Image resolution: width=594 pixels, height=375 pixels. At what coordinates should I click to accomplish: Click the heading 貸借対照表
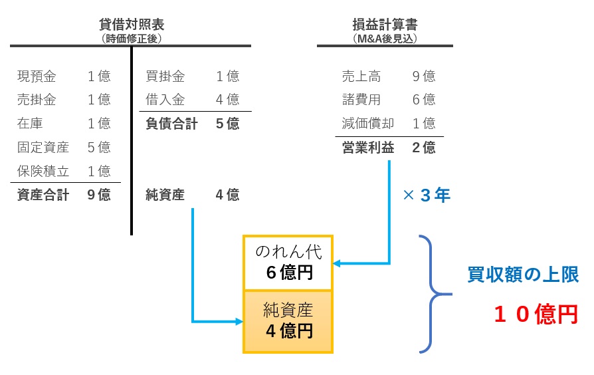[131, 25]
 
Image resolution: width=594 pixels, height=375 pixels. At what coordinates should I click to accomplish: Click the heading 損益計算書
[385, 25]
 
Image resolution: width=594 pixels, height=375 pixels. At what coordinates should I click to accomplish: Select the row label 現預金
[37, 76]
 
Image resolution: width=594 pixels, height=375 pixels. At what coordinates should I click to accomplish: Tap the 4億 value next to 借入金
[227, 100]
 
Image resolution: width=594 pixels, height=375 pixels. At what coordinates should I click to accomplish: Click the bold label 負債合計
[171, 124]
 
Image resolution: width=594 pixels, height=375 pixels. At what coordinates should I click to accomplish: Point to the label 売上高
[361, 76]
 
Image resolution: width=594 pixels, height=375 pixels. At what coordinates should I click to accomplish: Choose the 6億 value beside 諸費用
[424, 100]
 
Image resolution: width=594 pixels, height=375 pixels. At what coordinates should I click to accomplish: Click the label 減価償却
[367, 124]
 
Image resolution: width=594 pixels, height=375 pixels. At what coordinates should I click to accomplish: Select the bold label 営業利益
[367, 148]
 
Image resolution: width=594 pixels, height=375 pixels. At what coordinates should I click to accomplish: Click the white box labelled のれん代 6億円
[288, 263]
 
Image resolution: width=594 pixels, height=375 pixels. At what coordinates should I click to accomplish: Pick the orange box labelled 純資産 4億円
[288, 321]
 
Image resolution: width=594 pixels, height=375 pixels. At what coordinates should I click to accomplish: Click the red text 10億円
[536, 314]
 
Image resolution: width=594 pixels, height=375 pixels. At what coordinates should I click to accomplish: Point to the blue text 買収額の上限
[523, 275]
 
